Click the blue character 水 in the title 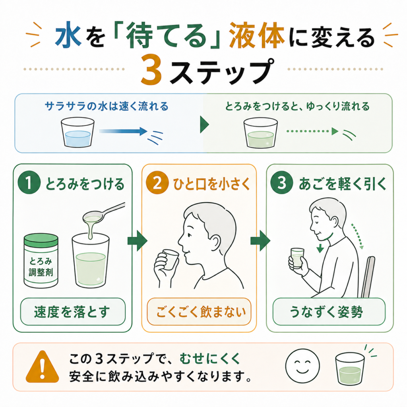click(68, 35)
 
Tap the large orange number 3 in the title click(152, 70)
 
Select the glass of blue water click(78, 132)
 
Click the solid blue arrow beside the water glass click(123, 131)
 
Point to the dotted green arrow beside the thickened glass click(312, 131)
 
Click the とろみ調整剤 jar click(41, 260)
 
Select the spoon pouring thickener click(104, 213)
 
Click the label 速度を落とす click(73, 312)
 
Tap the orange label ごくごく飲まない click(199, 312)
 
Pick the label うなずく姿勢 click(329, 312)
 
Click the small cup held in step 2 click(170, 260)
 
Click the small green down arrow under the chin click(320, 248)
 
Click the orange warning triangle click(42, 366)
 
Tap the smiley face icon click(302, 366)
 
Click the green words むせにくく click(210, 359)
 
